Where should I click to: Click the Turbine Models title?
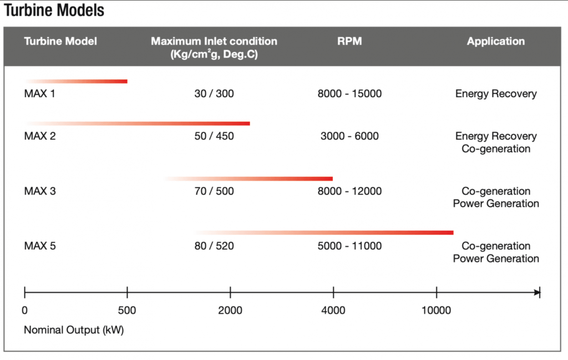coord(54,10)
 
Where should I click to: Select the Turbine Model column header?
coord(60,41)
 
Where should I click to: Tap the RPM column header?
coord(349,41)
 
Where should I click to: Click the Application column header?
coord(495,41)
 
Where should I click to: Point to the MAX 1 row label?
coord(39,94)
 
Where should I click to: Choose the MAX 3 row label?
coord(40,191)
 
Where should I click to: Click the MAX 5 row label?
coord(40,246)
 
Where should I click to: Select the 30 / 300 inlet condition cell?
coord(214,94)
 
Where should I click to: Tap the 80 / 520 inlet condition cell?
coord(214,246)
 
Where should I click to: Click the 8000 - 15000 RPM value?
coord(349,94)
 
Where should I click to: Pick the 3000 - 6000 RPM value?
coord(349,136)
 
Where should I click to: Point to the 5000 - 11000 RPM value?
coord(349,246)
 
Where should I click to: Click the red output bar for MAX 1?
coord(76,82)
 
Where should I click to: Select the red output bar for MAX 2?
coord(138,124)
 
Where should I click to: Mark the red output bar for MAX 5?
coord(323,232)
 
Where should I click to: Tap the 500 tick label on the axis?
coord(127,311)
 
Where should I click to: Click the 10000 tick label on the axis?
coord(437,311)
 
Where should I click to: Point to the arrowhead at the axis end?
coord(537,292)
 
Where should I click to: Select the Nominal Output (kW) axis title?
coord(74,330)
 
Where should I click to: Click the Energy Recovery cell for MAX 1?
coord(496,94)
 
